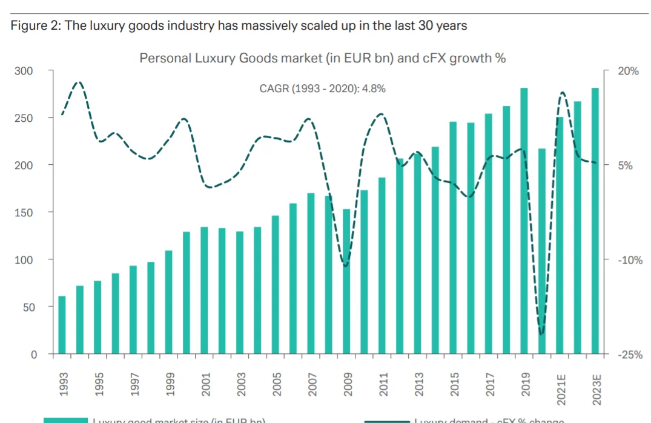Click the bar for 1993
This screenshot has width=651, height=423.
(x=62, y=325)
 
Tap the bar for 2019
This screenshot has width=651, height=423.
(x=524, y=221)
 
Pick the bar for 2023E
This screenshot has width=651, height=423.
(x=595, y=221)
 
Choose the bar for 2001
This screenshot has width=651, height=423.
(x=204, y=290)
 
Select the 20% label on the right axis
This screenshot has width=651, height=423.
(x=628, y=71)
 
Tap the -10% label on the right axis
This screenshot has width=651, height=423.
(x=630, y=260)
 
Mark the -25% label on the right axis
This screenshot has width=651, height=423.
(x=630, y=355)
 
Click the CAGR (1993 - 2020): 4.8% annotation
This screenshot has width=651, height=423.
(x=322, y=88)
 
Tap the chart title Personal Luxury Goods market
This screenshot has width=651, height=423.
(x=322, y=58)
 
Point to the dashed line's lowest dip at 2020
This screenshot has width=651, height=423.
(x=541, y=333)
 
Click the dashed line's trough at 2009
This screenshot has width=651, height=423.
(x=346, y=265)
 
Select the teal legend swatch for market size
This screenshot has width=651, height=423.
(x=65, y=420)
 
